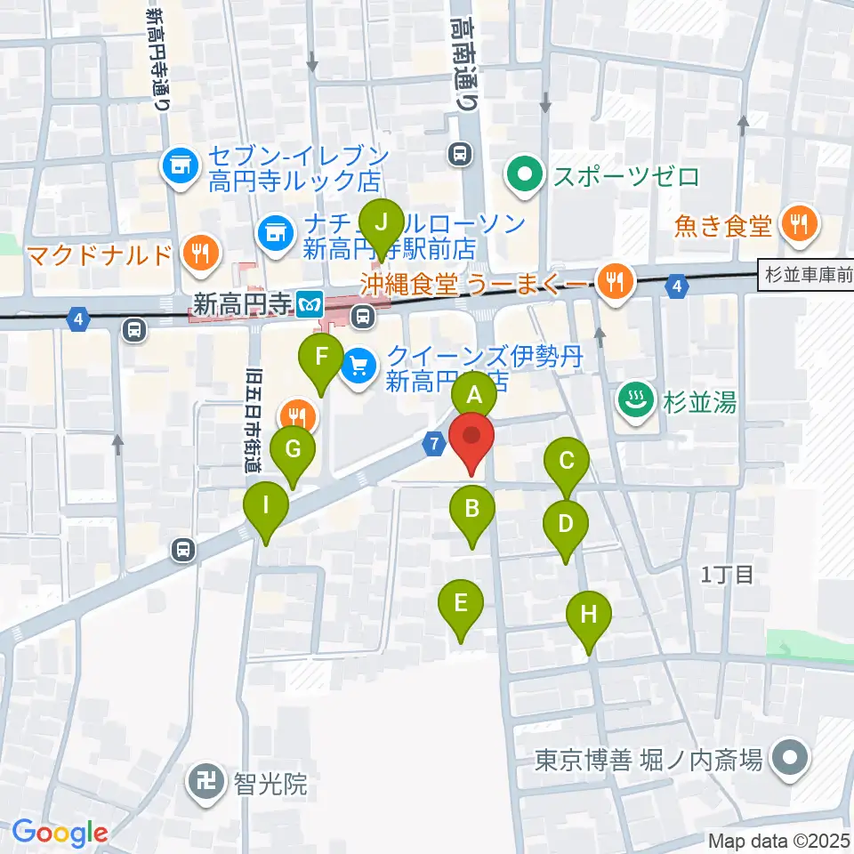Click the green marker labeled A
tap(474, 394)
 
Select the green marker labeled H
tap(590, 615)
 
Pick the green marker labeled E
tap(461, 604)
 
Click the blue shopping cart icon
tap(359, 366)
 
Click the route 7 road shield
tap(434, 444)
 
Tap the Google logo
tap(60, 832)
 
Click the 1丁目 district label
tap(728, 575)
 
